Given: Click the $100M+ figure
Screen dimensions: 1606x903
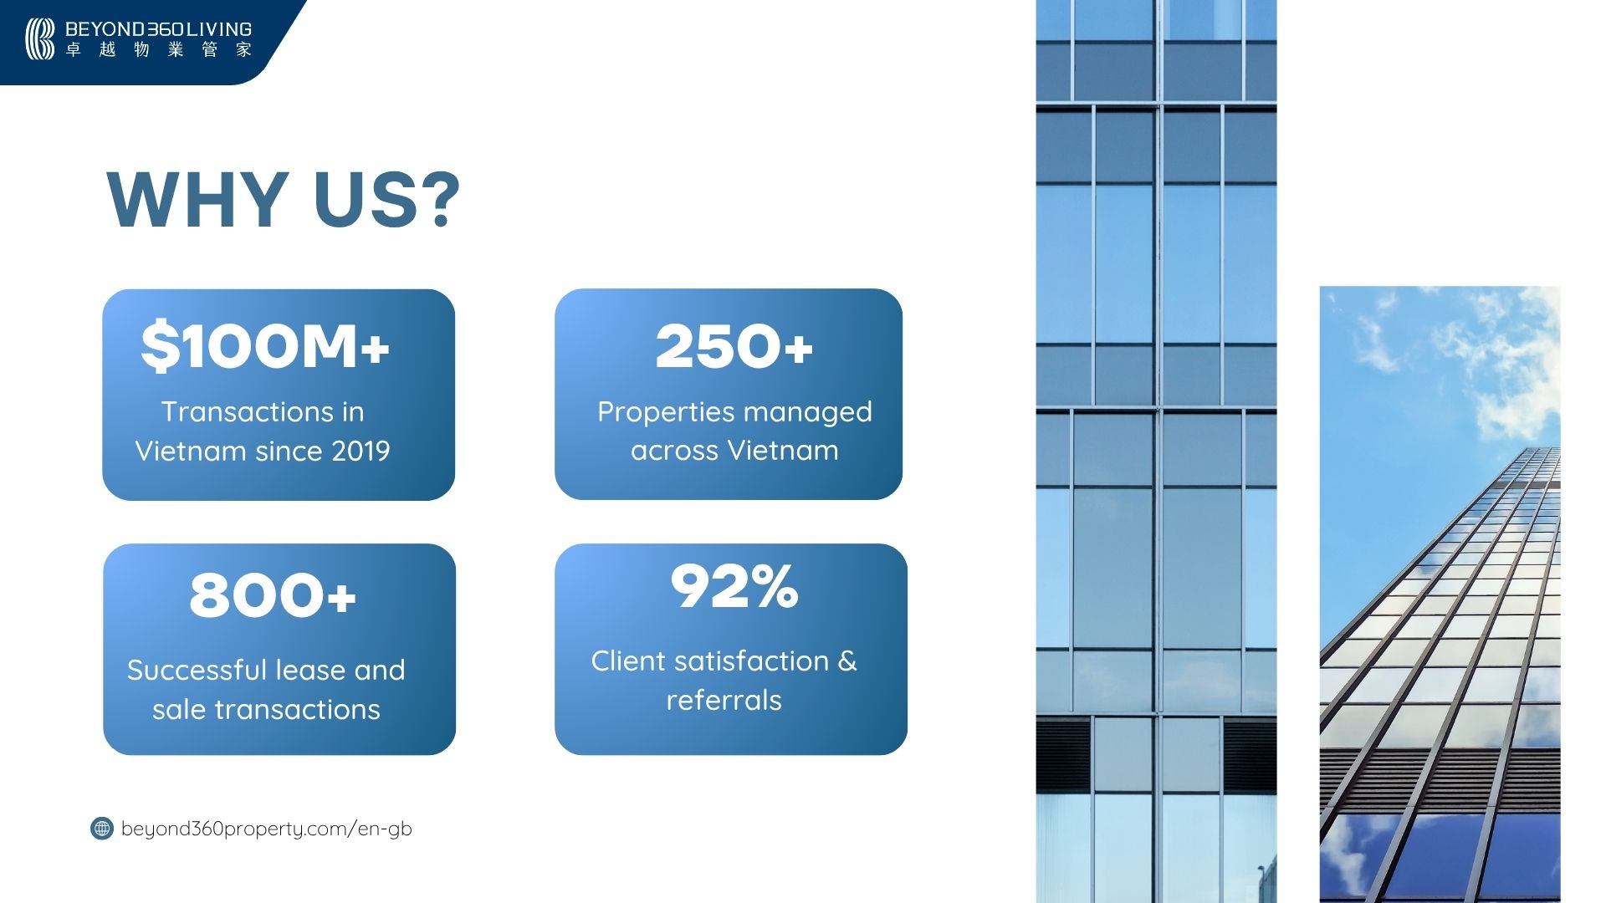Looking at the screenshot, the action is tap(265, 346).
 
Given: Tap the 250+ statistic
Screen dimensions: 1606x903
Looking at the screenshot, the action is tap(734, 346).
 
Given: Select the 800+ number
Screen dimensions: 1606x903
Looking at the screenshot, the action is tap(273, 595).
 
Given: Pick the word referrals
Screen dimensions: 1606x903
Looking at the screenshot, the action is tap(724, 700).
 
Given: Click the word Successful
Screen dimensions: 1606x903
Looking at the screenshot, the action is tap(197, 670).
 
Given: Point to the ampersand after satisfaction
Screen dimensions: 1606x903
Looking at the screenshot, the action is tap(847, 661).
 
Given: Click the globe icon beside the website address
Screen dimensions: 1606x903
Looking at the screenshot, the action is tap(102, 829).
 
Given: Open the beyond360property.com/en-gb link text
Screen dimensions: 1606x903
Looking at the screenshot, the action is tap(267, 829).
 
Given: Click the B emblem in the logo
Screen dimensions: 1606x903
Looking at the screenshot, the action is tap(39, 39).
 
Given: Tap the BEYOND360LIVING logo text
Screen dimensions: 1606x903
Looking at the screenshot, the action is tap(158, 29).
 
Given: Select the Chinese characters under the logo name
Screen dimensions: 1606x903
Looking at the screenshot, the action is tap(158, 50).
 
